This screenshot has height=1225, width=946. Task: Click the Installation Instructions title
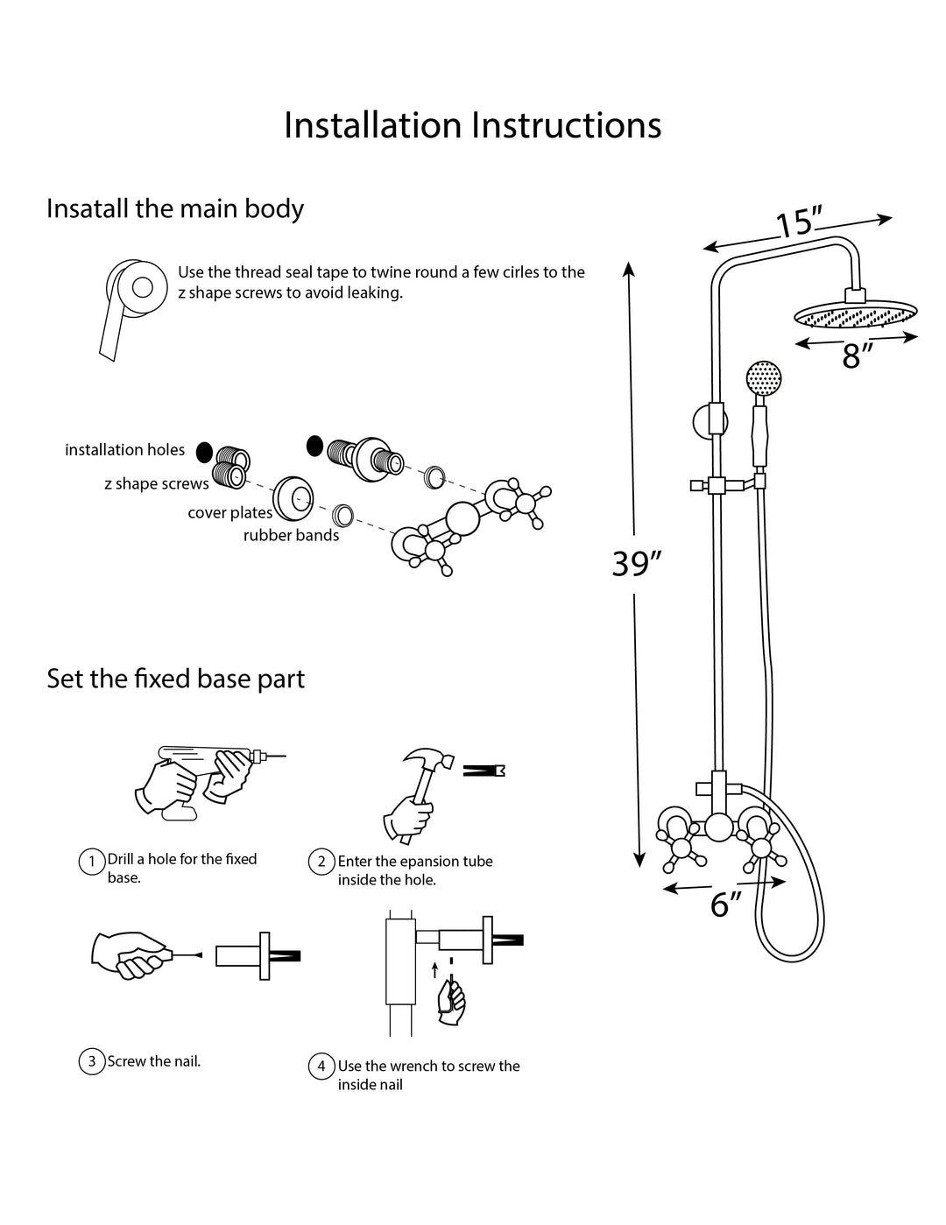(472, 125)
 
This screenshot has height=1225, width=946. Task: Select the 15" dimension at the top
(797, 224)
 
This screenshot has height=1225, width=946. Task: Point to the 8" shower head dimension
(857, 356)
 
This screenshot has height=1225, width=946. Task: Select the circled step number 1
(92, 862)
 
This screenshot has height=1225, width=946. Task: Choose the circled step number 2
(321, 862)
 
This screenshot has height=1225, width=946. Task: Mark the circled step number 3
(92, 1062)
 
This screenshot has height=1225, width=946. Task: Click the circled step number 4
(321, 1067)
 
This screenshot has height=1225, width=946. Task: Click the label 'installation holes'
(124, 450)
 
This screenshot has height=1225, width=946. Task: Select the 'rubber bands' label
(291, 535)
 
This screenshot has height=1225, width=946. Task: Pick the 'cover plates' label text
(229, 513)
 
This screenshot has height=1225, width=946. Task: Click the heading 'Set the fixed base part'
(175, 679)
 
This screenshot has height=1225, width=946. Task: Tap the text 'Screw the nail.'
(154, 1061)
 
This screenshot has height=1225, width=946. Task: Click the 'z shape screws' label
(157, 483)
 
